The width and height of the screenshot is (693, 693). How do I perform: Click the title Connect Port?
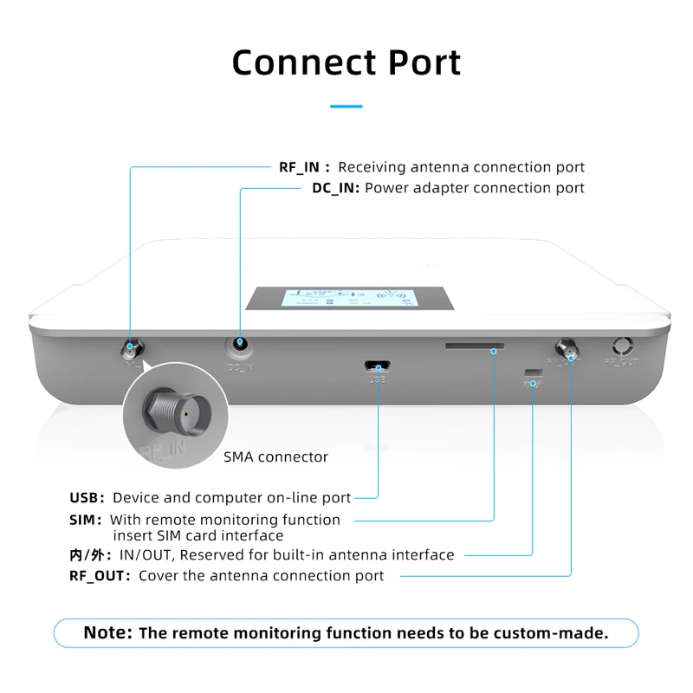coord(346,62)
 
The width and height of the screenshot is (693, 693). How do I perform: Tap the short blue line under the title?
coord(346,107)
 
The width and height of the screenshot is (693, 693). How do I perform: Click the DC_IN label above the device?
coord(335,188)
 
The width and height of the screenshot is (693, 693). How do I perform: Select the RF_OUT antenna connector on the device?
coord(569,350)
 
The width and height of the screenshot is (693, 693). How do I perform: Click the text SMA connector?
coord(276,457)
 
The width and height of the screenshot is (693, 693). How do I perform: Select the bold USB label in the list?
coord(86,498)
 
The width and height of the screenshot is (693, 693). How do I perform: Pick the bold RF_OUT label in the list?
coord(100,575)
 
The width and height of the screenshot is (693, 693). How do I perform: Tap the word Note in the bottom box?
coord(108,632)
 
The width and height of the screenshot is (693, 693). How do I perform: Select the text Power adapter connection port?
coord(475,188)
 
